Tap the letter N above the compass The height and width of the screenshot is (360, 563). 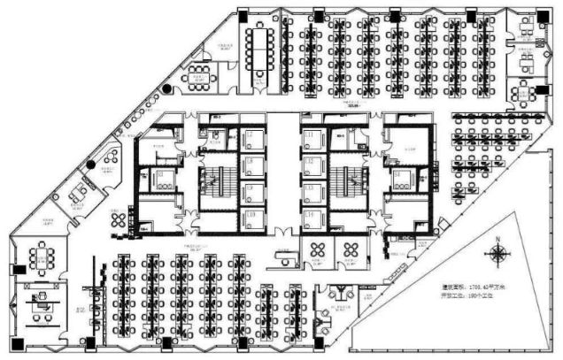[497, 239]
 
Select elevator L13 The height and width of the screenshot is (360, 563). [311, 188]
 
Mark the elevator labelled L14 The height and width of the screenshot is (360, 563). [311, 216]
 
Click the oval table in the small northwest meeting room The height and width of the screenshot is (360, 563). [197, 77]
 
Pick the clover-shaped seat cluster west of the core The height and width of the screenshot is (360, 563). [118, 221]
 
